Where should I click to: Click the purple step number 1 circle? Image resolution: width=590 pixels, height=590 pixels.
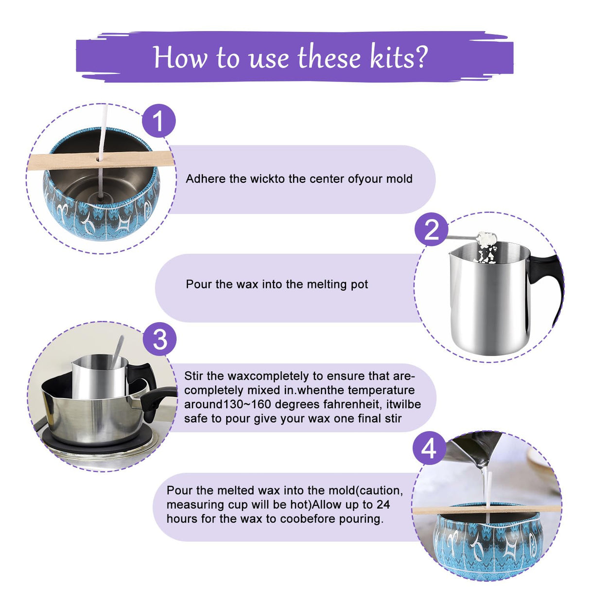point(158,121)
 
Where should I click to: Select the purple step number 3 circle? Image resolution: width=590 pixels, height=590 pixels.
point(160,339)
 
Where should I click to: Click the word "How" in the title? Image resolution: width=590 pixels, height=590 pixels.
point(181,57)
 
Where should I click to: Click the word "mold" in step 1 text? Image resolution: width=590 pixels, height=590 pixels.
point(399,179)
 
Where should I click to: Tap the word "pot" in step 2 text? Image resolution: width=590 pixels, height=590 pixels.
point(359,284)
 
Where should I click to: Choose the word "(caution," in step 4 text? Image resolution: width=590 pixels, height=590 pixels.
point(381,490)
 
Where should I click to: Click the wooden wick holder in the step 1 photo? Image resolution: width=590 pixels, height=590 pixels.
point(63,161)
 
